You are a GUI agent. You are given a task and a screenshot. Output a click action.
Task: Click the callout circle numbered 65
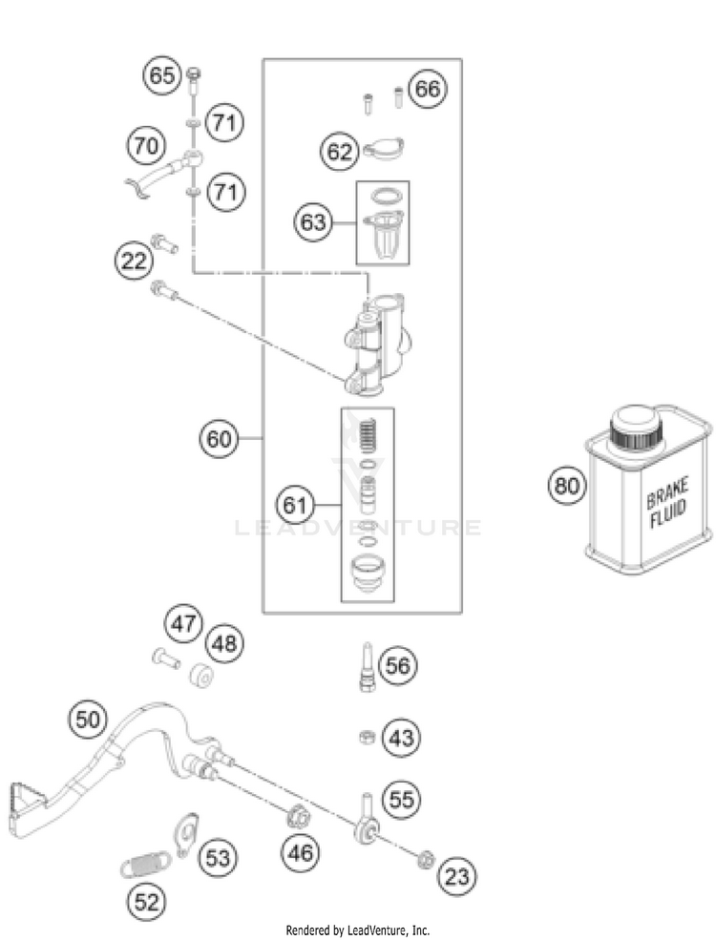tap(162, 76)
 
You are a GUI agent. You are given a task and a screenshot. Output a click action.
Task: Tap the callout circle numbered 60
tap(219, 439)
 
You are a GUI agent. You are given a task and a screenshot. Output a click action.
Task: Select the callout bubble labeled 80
tap(566, 485)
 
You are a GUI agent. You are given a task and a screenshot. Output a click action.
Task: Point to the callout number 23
tap(457, 877)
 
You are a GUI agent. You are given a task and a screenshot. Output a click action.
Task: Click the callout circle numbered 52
tap(147, 902)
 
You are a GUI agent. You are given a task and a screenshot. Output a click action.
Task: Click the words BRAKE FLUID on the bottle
tap(666, 502)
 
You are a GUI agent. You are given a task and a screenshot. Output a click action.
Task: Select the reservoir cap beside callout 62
tap(384, 149)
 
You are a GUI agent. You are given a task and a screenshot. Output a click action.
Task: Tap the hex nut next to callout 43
tap(367, 737)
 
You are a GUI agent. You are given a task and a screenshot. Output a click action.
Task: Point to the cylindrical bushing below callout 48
tap(200, 677)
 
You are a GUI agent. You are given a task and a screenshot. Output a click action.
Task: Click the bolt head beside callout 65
tap(194, 74)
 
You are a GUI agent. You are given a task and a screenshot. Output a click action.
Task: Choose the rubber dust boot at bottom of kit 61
tap(368, 574)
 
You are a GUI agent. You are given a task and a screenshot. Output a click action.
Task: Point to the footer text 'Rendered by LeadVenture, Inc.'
tap(358, 930)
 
